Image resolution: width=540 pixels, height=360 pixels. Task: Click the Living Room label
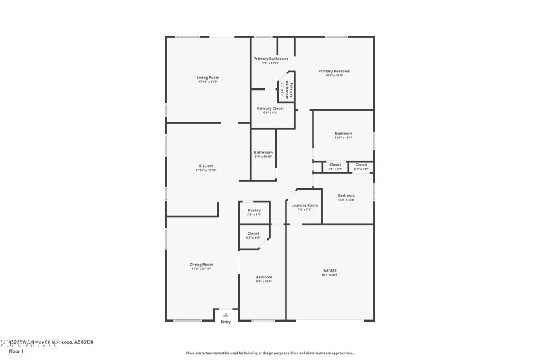pyautogui.click(x=208, y=78)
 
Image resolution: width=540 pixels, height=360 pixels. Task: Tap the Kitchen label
pyautogui.click(x=206, y=165)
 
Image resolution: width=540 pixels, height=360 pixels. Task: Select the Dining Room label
pyautogui.click(x=201, y=264)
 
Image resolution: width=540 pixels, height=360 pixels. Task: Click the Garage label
pyautogui.click(x=329, y=270)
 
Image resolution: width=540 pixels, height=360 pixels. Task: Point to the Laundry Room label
pyautogui.click(x=304, y=205)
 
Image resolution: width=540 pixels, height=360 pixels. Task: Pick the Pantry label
pyautogui.click(x=254, y=210)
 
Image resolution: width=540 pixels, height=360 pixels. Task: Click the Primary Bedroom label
pyautogui.click(x=334, y=71)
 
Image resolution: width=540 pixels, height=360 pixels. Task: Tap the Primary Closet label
pyautogui.click(x=270, y=108)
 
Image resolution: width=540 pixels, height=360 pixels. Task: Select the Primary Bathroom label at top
pyautogui.click(x=270, y=59)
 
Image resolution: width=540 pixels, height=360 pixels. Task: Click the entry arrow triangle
pyautogui.click(x=226, y=315)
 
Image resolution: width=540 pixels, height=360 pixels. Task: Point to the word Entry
pyautogui.click(x=226, y=322)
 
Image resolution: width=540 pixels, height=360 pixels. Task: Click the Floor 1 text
pyautogui.click(x=16, y=351)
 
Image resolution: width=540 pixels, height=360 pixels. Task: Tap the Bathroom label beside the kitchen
pyautogui.click(x=263, y=152)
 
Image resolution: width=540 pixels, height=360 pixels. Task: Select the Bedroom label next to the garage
pyautogui.click(x=263, y=277)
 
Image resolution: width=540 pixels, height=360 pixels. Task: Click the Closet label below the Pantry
pyautogui.click(x=253, y=234)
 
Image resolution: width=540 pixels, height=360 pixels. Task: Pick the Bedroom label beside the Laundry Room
pyautogui.click(x=346, y=195)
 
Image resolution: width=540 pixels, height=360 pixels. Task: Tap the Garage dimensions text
pyautogui.click(x=329, y=275)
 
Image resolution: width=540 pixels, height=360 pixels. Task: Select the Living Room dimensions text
pyautogui.click(x=208, y=82)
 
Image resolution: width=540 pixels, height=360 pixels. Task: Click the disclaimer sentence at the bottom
pyautogui.click(x=269, y=353)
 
